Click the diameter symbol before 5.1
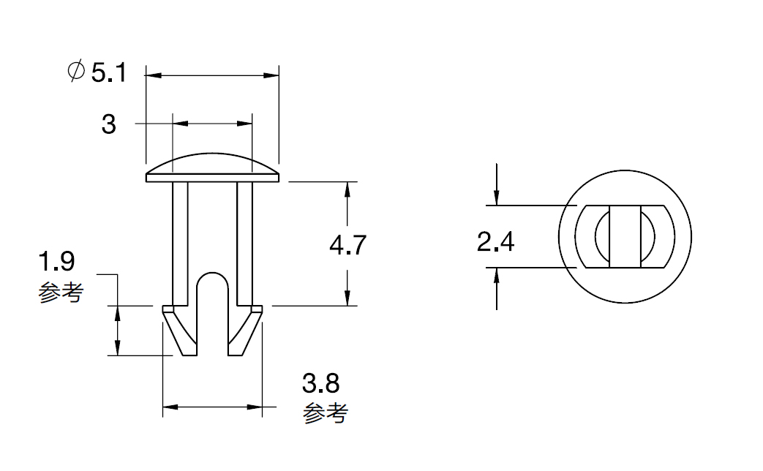tap(76, 72)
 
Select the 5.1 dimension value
tap(109, 73)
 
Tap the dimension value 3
tap(108, 124)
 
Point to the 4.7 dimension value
tap(347, 245)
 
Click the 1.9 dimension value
tap(56, 262)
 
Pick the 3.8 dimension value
tap(320, 383)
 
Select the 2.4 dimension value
tap(495, 242)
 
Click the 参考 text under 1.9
tap(61, 293)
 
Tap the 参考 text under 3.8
tap(325, 413)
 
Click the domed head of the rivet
tap(213, 168)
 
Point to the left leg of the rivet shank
tap(180, 244)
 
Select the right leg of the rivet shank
tap(245, 244)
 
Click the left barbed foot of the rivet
tap(181, 331)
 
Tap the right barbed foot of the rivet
tap(245, 331)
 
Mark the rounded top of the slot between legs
tap(213, 279)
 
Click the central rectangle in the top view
tap(625, 236)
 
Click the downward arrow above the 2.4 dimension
tap(496, 184)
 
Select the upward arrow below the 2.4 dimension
tap(496, 289)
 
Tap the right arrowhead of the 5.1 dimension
tap(271, 75)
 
